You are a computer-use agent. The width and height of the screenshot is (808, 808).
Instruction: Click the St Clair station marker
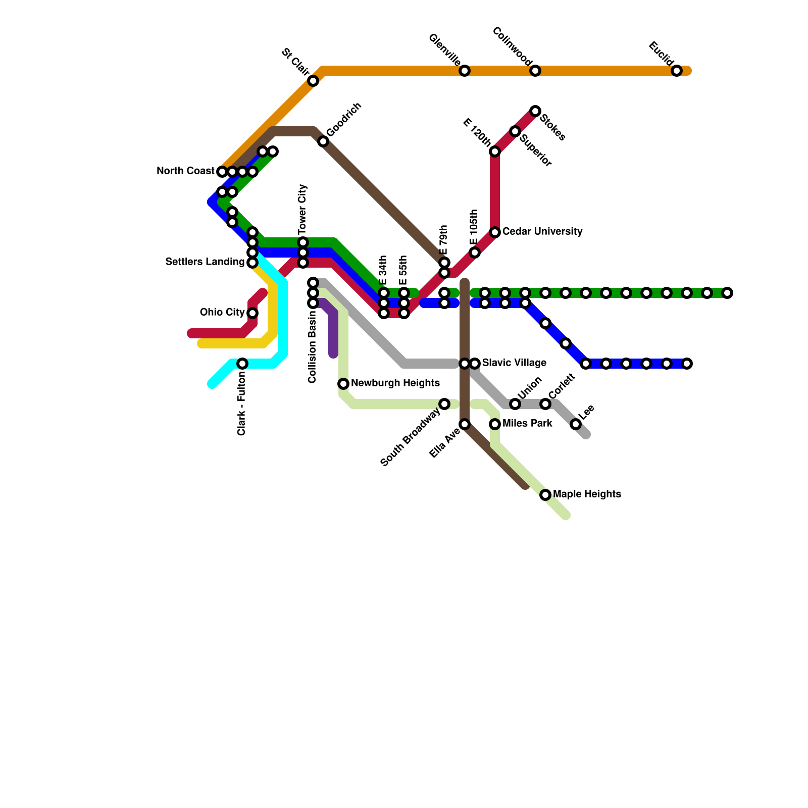(x=313, y=81)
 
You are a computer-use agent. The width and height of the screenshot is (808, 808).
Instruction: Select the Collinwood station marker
(x=535, y=71)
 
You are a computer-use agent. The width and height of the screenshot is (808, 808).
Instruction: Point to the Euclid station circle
(x=677, y=71)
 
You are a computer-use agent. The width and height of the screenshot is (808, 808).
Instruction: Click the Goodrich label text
(x=344, y=120)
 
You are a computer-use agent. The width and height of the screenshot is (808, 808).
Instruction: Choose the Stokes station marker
(x=535, y=111)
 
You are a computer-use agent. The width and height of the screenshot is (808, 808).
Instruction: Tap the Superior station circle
(x=515, y=131)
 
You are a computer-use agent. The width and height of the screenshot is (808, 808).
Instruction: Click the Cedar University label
(x=542, y=232)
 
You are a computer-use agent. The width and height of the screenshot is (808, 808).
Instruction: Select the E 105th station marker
(x=475, y=252)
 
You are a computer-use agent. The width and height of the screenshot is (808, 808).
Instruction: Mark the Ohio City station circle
(x=252, y=313)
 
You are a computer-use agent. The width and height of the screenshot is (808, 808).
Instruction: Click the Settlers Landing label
(x=205, y=262)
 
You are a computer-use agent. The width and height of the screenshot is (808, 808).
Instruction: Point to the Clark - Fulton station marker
(x=242, y=364)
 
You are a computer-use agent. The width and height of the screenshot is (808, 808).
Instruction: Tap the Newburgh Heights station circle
(x=343, y=384)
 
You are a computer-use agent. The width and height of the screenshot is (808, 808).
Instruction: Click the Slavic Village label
(x=514, y=363)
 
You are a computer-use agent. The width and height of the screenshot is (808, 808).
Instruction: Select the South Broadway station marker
(x=444, y=404)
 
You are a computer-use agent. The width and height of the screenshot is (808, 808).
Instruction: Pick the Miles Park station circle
(x=495, y=424)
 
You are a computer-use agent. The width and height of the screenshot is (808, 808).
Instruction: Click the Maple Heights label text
(x=587, y=494)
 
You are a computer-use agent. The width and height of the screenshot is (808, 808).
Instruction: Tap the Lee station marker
(x=576, y=424)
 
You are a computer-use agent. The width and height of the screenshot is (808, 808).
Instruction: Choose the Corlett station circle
(x=545, y=404)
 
